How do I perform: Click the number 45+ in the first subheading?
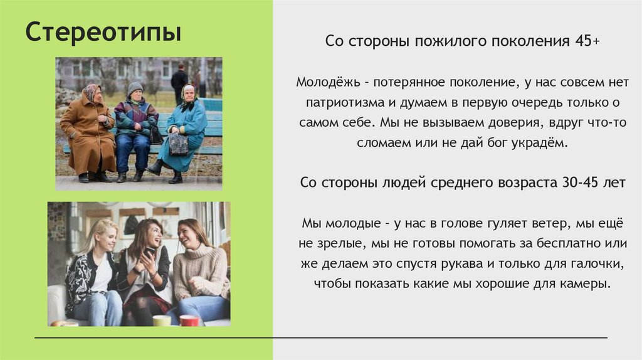pos(587,41)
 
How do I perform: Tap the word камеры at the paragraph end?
pos(587,283)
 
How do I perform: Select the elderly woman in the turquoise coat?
pos(186,132)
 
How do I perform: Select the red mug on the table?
pos(189,320)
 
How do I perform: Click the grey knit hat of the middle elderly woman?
pos(135,87)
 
